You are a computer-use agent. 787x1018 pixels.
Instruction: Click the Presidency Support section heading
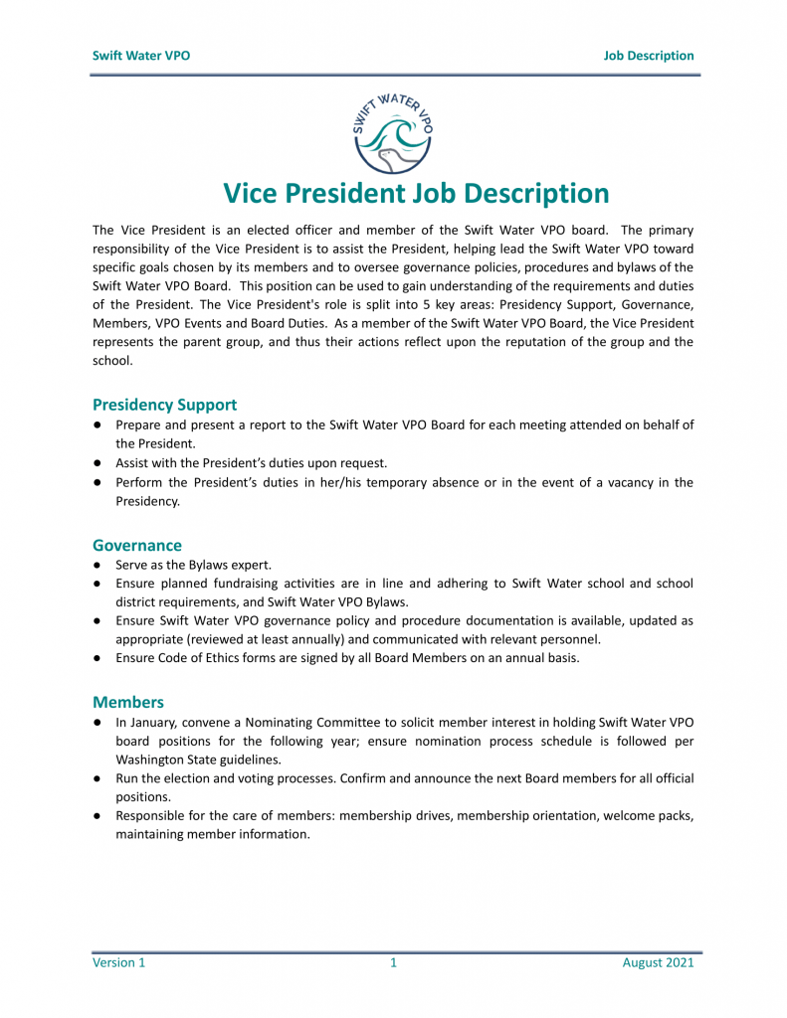tap(164, 405)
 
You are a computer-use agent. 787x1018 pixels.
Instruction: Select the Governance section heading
tap(137, 545)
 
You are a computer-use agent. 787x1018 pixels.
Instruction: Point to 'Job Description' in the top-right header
tap(648, 56)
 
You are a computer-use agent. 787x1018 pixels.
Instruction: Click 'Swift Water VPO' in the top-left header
tap(141, 56)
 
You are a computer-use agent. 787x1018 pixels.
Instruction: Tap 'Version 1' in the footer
tap(119, 962)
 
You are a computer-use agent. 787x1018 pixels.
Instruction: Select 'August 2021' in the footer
tap(658, 962)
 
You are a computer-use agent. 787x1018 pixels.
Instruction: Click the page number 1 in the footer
tap(394, 962)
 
